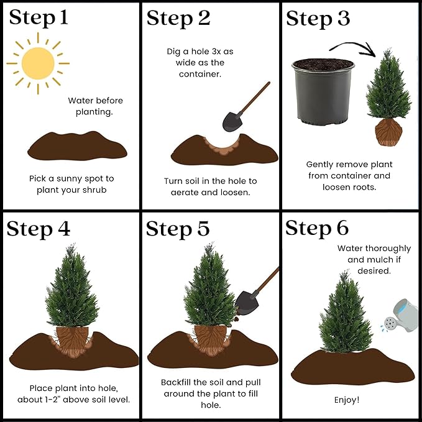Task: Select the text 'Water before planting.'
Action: coord(96,106)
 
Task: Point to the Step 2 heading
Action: coord(178,18)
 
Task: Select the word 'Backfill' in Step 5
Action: coord(178,382)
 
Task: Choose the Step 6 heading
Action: coord(318,228)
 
